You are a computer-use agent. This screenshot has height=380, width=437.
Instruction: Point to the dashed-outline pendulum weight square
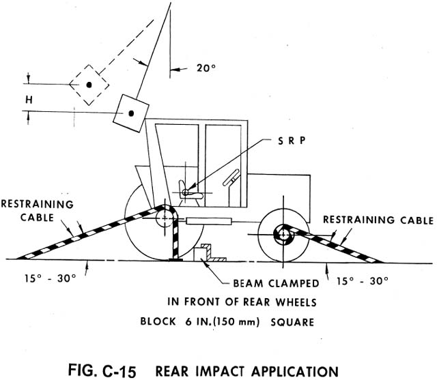[x=89, y=84]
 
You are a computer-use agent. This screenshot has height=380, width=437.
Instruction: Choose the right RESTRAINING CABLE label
[x=377, y=220]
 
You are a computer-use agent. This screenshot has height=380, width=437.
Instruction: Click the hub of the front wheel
[x=281, y=234]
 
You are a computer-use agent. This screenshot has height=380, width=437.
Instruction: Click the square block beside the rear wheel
[x=203, y=251]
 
